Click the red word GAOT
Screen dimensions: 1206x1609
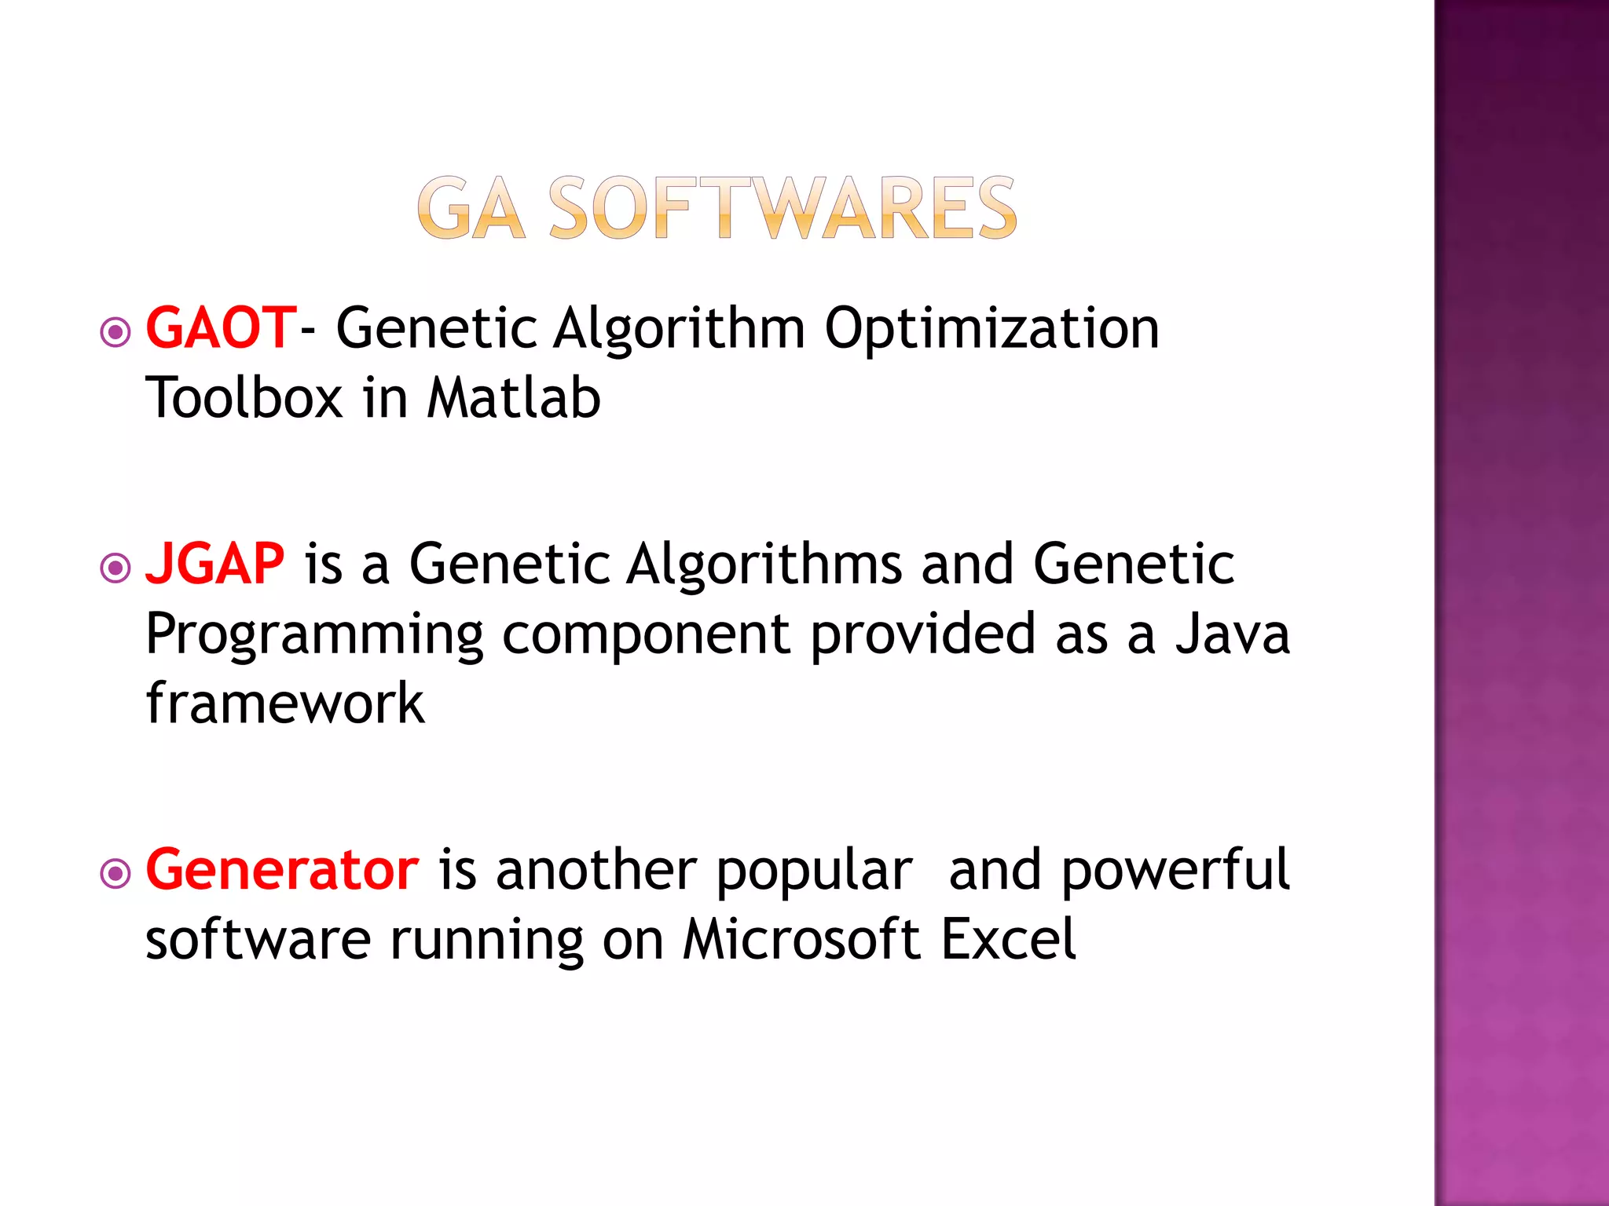pos(220,328)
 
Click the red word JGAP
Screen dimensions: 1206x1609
pos(214,564)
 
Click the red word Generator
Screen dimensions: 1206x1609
pos(282,870)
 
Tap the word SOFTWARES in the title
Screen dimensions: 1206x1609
pos(782,208)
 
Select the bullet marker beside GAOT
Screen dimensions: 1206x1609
pos(115,332)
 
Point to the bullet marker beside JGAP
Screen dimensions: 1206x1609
pos(115,568)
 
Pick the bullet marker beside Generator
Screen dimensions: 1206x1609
pos(115,873)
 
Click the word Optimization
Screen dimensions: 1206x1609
pos(991,328)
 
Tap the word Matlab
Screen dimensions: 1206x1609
pos(513,397)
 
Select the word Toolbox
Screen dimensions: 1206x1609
pos(244,397)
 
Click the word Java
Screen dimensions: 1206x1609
pos(1232,634)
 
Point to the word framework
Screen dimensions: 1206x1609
pos(284,703)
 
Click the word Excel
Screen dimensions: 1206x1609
pos(1008,939)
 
